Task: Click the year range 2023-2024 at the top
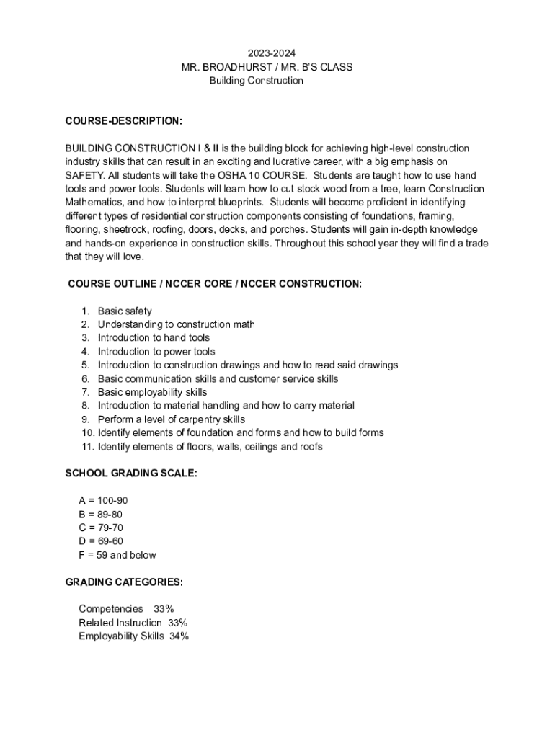[271, 53]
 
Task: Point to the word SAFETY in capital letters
[84, 175]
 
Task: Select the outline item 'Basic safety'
[125, 311]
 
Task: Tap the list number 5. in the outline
[85, 365]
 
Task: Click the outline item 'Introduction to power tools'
[156, 352]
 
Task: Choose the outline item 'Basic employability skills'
[152, 392]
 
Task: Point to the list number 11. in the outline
[87, 447]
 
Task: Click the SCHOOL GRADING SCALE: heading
[131, 474]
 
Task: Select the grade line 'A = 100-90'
[103, 501]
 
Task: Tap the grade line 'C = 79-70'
[100, 528]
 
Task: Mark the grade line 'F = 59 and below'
[117, 555]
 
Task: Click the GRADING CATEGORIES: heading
[124, 582]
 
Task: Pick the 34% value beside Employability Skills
[179, 636]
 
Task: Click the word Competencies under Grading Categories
[111, 609]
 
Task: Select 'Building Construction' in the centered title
[256, 81]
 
